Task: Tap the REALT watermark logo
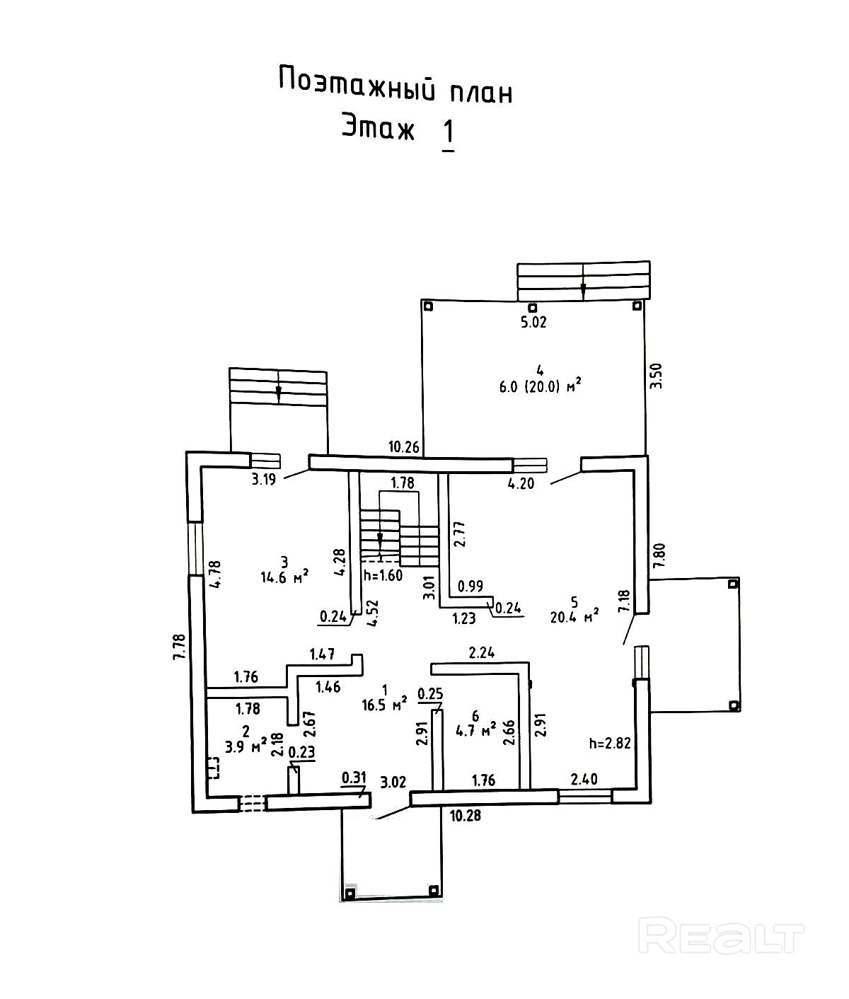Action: (721, 936)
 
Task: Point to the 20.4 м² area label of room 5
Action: (574, 616)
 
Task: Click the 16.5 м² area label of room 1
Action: (384, 704)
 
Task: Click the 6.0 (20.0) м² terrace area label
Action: (540, 385)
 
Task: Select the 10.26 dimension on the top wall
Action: (403, 446)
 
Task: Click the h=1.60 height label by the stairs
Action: (382, 575)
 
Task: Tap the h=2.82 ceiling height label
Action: (608, 743)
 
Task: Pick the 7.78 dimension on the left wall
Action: (179, 647)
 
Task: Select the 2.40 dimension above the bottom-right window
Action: (584, 779)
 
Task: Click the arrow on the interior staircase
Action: (380, 539)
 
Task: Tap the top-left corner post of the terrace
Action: (427, 306)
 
